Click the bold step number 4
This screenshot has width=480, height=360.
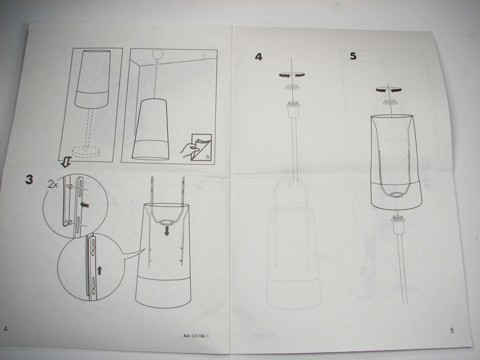pyautogui.click(x=258, y=58)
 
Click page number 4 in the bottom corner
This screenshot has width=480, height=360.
pyautogui.click(x=6, y=329)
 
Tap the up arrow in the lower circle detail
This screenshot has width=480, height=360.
pyautogui.click(x=100, y=269)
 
